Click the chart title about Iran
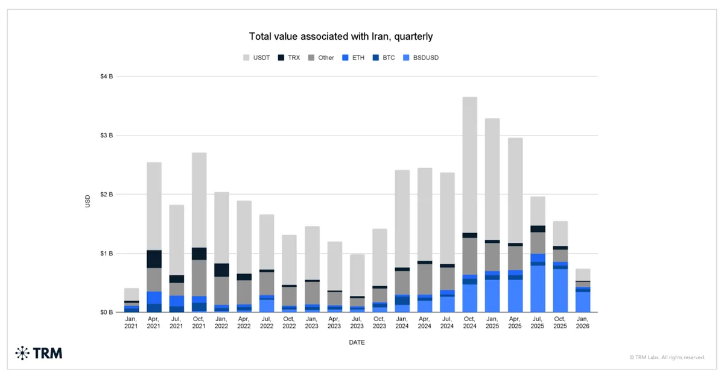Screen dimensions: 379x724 [341, 37]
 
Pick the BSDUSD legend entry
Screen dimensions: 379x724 [428, 58]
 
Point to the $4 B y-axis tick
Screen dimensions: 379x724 [106, 77]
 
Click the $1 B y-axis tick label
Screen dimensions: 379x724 [106, 254]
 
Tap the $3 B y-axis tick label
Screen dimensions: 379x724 [106, 136]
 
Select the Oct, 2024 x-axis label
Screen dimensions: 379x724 [470, 322]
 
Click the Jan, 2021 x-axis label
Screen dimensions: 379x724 [132, 322]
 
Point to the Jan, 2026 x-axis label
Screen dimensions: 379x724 [582, 322]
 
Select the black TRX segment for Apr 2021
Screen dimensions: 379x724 [154, 259]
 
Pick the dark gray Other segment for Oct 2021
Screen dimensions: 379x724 [199, 278]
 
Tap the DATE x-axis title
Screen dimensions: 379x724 [357, 342]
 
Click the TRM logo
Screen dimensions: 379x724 [39, 353]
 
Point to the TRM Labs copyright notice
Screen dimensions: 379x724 [667, 357]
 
